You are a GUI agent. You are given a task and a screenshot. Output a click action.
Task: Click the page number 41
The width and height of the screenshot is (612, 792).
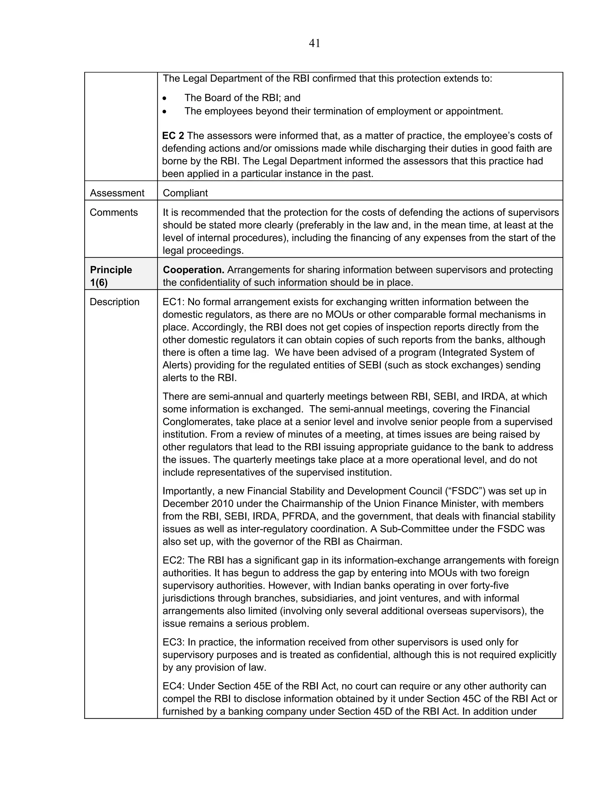[x=314, y=44]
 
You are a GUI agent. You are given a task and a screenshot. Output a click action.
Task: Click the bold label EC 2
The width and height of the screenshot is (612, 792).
[x=173, y=136]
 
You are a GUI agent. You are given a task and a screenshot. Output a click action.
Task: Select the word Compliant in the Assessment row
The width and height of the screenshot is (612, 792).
[x=185, y=193]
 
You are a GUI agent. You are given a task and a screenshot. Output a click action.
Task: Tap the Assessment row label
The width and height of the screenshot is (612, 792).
[x=117, y=193]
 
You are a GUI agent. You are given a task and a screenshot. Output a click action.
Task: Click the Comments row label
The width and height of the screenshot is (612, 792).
[x=114, y=212]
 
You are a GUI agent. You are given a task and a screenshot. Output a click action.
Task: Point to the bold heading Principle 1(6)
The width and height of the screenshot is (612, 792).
[x=111, y=276]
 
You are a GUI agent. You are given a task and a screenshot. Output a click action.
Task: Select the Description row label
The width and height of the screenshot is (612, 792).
[x=114, y=302]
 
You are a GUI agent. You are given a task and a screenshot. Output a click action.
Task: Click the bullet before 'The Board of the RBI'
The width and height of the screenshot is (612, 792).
[x=165, y=98]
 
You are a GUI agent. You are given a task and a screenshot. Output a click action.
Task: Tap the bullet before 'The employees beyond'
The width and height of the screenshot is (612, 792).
[x=165, y=112]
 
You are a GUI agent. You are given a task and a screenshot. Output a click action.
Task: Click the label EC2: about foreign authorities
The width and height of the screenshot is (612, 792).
[x=173, y=560]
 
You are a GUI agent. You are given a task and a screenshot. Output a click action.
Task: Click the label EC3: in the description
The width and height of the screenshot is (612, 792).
[x=173, y=642]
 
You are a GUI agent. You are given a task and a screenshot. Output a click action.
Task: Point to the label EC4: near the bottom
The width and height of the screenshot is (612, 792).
[x=173, y=686]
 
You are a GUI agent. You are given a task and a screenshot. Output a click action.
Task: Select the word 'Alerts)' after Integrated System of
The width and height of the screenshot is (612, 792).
[x=177, y=365]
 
